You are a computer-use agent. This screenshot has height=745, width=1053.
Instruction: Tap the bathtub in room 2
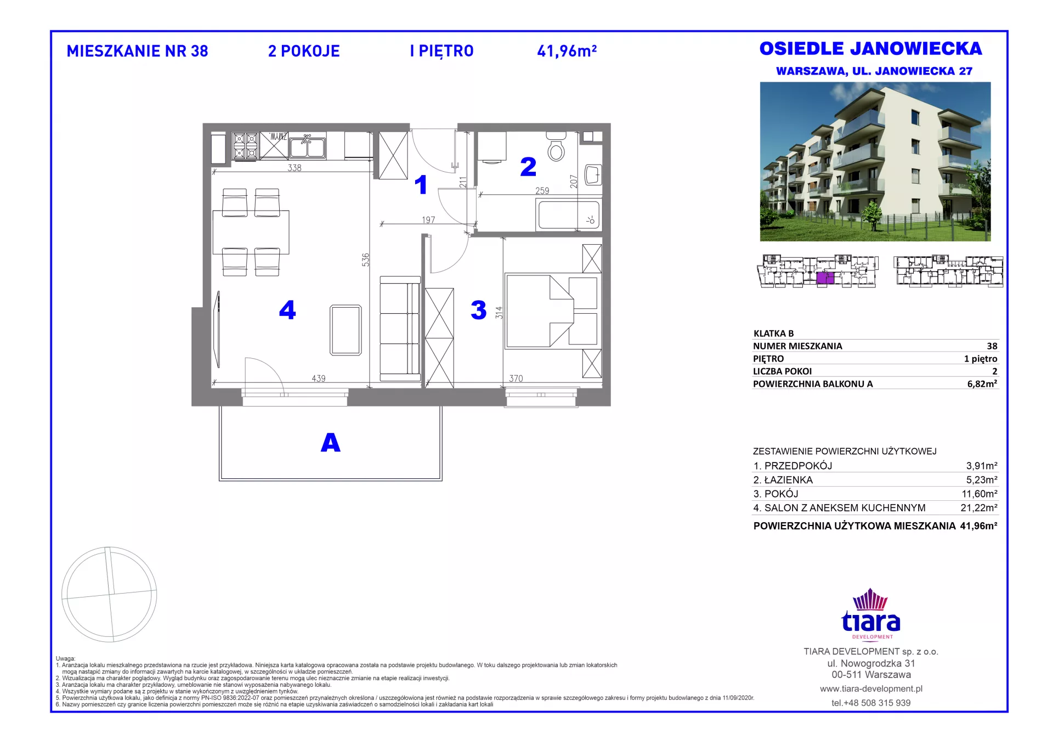[x=569, y=215]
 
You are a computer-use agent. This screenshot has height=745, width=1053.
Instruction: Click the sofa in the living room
[x=400, y=328]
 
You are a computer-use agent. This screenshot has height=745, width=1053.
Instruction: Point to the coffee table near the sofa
[x=346, y=330]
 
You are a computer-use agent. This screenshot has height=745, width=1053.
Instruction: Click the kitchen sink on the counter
[x=308, y=146]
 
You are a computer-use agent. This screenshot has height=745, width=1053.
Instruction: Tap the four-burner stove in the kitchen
[x=245, y=146]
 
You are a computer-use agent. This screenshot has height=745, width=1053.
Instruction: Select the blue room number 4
[x=287, y=310]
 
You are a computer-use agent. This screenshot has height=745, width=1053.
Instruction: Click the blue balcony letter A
[x=331, y=443]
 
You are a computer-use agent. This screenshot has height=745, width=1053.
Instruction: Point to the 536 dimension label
[x=366, y=259]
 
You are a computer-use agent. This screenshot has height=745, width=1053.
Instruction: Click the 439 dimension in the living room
[x=319, y=379]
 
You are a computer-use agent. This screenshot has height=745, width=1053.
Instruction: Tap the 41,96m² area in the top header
[x=567, y=51]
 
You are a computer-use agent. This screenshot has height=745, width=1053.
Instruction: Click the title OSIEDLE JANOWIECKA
[x=870, y=49]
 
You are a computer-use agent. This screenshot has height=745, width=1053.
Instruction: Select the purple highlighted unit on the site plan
[x=825, y=278]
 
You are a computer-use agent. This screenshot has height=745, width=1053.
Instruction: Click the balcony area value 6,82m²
[x=982, y=384]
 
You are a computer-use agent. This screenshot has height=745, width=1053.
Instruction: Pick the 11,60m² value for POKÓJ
[x=980, y=494]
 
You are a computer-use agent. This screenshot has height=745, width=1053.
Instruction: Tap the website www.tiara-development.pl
[x=871, y=688]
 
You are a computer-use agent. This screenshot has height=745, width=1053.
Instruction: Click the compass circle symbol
[x=109, y=594]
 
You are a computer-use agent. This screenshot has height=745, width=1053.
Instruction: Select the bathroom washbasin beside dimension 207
[x=593, y=175]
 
